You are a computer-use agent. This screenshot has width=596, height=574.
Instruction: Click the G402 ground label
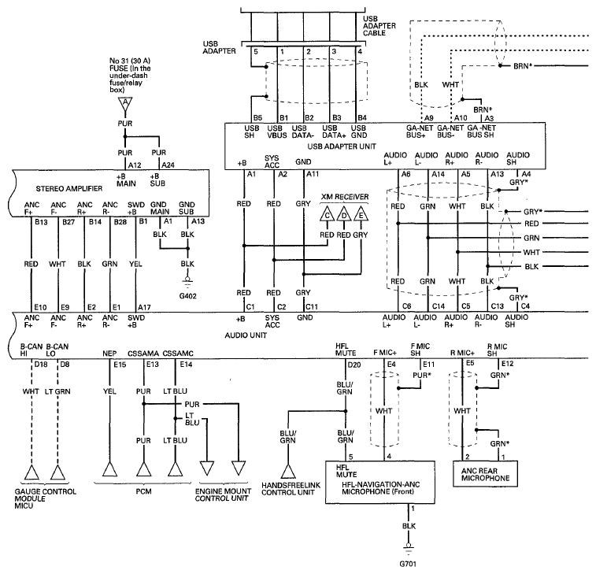point(187,296)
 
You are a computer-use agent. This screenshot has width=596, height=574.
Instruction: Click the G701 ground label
point(409,563)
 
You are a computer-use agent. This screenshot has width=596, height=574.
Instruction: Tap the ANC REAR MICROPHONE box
point(486,474)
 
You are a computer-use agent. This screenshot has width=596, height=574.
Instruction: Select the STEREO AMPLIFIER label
point(69,188)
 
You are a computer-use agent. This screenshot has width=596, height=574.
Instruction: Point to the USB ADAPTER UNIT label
point(342,146)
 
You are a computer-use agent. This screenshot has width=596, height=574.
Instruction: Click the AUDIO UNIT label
point(246,335)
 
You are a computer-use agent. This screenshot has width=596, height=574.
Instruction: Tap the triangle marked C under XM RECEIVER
point(327,214)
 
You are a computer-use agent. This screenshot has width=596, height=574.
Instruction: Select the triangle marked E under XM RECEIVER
point(361,214)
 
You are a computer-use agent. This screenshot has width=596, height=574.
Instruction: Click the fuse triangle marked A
point(125,103)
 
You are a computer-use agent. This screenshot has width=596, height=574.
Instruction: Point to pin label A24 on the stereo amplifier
point(168,165)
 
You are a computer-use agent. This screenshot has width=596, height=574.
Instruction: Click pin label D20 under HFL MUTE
point(354,365)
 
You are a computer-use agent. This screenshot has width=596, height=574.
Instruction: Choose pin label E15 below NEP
point(120,365)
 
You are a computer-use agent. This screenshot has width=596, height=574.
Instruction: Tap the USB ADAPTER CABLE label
point(379,26)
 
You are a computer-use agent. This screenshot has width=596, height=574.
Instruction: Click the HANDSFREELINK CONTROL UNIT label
point(291,489)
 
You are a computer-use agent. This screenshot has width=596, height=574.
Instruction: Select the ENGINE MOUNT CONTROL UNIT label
point(223,494)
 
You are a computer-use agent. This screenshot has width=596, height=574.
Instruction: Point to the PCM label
point(143,491)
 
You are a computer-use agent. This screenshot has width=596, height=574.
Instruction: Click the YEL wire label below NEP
point(109,391)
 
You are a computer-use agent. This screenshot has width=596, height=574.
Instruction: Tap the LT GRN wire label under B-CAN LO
point(57,391)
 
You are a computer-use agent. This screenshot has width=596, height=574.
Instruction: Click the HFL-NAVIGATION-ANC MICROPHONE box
point(380,483)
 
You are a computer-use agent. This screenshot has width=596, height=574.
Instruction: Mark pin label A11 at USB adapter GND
point(313,174)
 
